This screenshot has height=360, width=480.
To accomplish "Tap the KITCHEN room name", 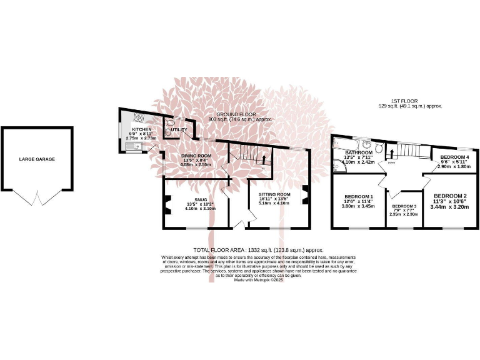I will click(x=141, y=129).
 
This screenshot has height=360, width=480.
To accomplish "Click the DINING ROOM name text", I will click(x=196, y=155).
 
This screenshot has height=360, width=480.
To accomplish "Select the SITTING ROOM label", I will click(x=275, y=194).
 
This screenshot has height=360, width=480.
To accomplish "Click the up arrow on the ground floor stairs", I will click(x=264, y=159).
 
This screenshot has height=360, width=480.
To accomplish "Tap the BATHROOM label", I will click(x=359, y=152).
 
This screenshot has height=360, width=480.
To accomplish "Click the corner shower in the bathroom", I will click(x=337, y=166).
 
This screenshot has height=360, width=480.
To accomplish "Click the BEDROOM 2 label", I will click(x=451, y=196).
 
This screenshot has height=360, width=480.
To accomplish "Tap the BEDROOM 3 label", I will click(x=404, y=206).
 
